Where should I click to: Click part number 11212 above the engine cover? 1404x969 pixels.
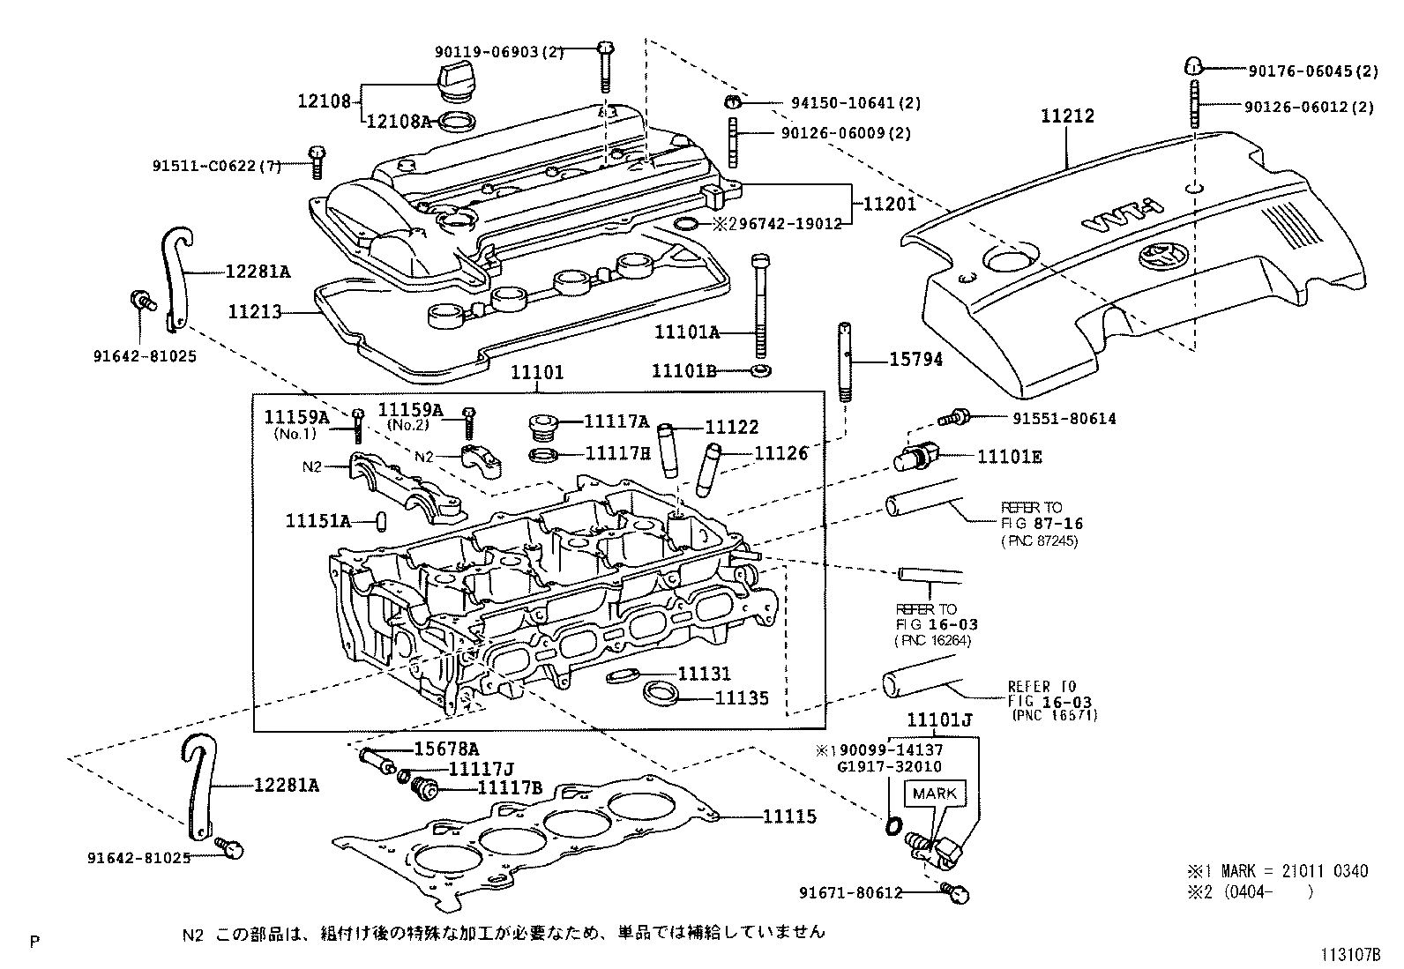point(1067,116)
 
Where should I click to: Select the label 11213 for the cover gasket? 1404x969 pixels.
point(255,311)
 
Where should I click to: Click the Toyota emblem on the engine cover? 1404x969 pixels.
point(1154,257)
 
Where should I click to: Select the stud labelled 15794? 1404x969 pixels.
point(844,362)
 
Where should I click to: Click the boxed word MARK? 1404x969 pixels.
point(935,793)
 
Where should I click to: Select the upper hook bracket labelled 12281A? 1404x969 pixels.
point(176,278)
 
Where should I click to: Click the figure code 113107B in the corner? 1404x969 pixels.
point(1348,953)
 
